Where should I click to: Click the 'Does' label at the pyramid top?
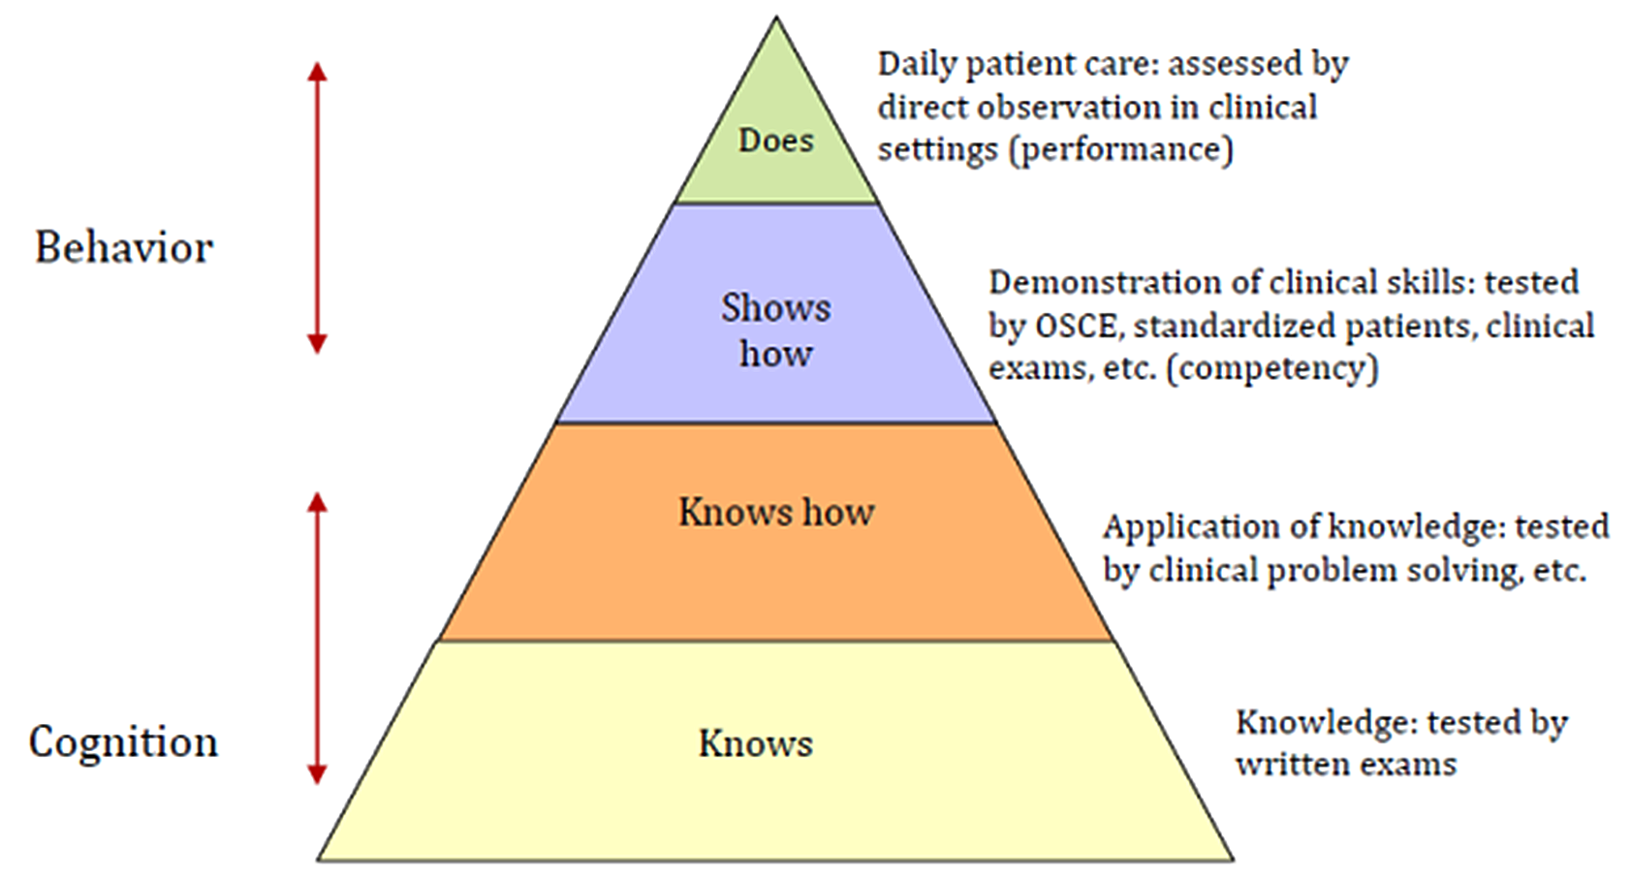(x=775, y=141)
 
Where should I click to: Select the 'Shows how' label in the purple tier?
(x=775, y=330)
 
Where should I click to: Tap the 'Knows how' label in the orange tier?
(x=776, y=512)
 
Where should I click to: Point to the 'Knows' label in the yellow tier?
(x=756, y=743)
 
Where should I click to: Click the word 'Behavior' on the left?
(x=124, y=247)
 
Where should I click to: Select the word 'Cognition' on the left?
(x=123, y=742)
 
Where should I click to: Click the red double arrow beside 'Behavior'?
(x=317, y=208)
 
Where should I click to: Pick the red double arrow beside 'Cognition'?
(x=317, y=639)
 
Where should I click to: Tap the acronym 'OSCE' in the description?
(x=1076, y=326)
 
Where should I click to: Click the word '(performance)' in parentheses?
(x=1121, y=150)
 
